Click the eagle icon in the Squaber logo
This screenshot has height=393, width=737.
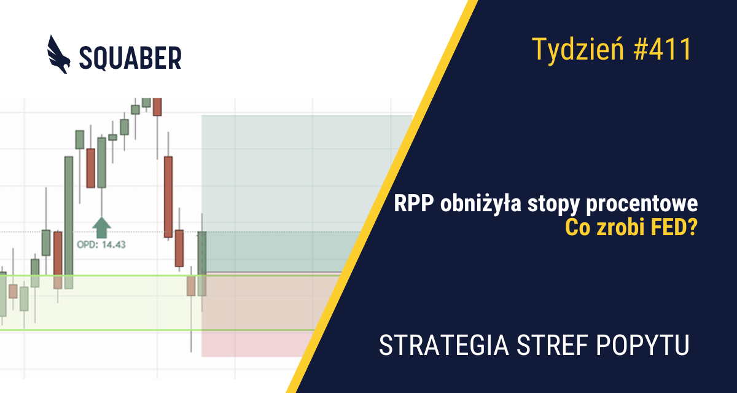(60, 55)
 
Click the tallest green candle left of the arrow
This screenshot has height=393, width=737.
(69, 221)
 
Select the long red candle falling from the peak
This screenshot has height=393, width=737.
(168, 196)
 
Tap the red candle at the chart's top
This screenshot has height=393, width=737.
(158, 106)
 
